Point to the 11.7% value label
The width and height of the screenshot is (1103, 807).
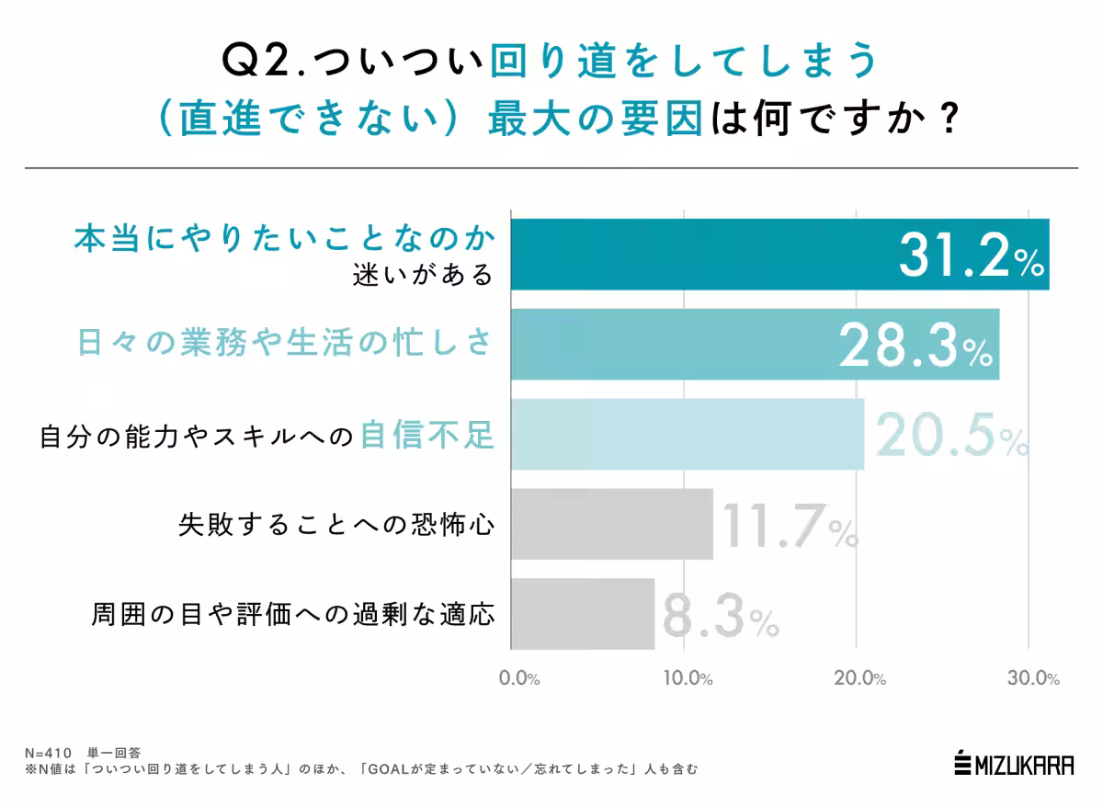click(x=789, y=527)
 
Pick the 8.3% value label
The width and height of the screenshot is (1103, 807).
click(x=720, y=617)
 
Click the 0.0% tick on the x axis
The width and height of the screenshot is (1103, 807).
click(x=519, y=679)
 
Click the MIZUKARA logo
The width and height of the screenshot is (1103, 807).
click(x=1014, y=763)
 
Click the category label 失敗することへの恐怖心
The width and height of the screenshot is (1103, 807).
click(x=336, y=526)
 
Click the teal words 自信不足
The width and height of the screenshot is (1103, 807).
click(x=427, y=435)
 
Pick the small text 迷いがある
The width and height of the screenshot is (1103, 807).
click(x=424, y=274)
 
